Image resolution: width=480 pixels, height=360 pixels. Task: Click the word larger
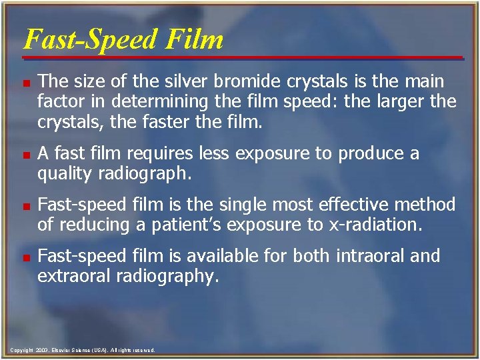click(409, 102)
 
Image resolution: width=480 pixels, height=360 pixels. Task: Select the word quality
click(63, 174)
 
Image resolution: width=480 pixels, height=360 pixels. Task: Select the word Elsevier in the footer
click(61, 350)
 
